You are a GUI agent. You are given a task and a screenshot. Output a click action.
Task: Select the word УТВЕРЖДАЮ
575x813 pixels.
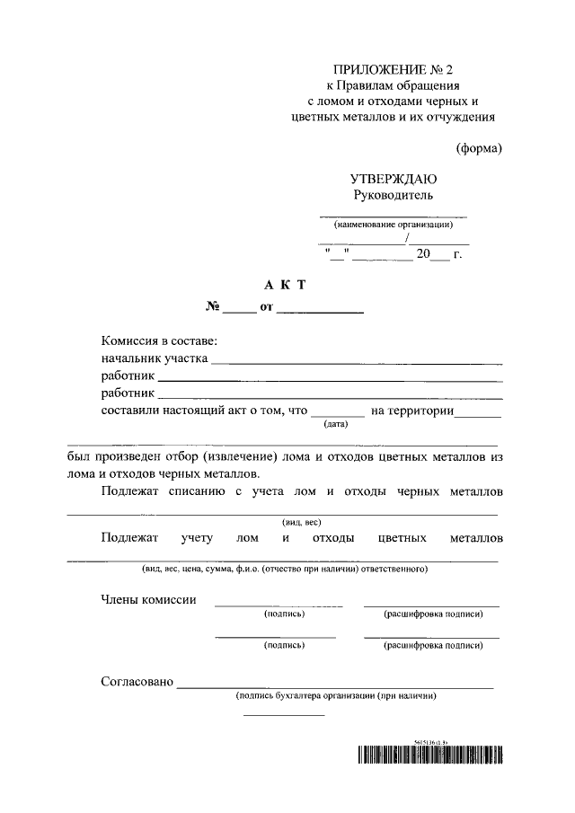coord(394,178)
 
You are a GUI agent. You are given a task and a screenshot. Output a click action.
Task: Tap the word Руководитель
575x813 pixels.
coord(394,194)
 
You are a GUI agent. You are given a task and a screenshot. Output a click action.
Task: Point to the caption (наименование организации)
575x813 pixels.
coord(394,225)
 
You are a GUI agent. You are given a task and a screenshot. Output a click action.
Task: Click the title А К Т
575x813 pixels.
coord(285,285)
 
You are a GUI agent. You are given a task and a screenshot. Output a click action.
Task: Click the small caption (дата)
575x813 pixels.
coord(337,424)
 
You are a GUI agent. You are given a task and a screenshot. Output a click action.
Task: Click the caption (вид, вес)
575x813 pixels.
coord(302,522)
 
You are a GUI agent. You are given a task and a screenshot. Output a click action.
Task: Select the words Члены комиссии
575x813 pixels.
coord(148,599)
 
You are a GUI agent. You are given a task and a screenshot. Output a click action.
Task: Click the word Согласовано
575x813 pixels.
coord(137,682)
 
